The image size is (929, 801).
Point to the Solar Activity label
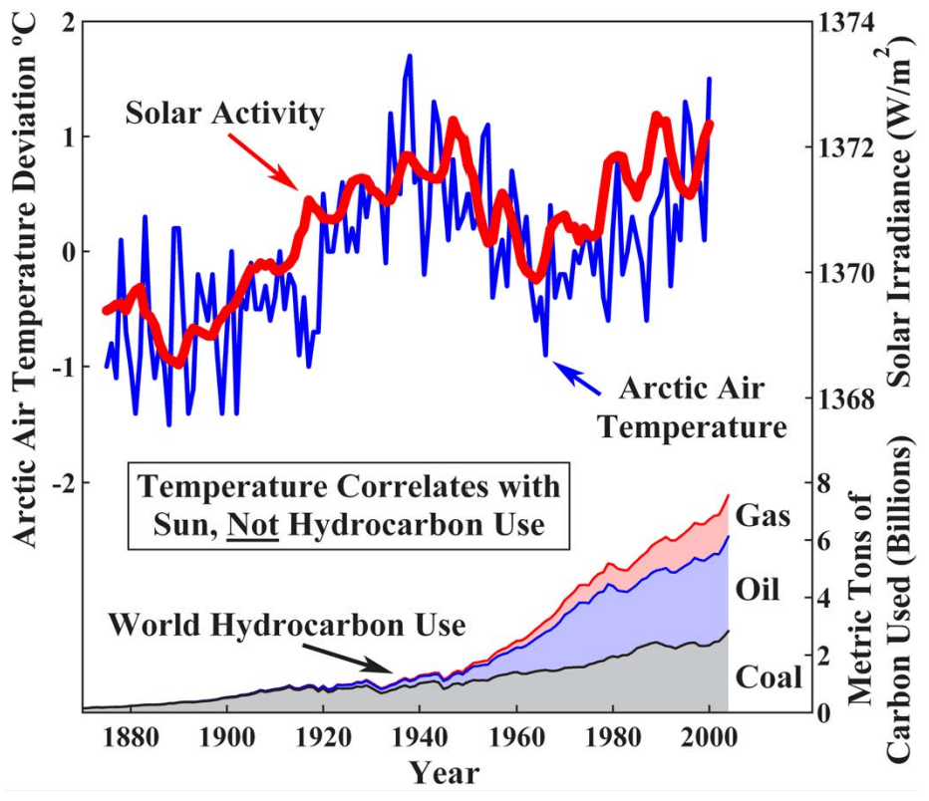tap(225, 114)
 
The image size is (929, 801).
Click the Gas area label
tap(764, 516)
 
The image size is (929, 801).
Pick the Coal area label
tap(769, 677)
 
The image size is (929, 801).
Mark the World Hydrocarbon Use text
tap(286, 627)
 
